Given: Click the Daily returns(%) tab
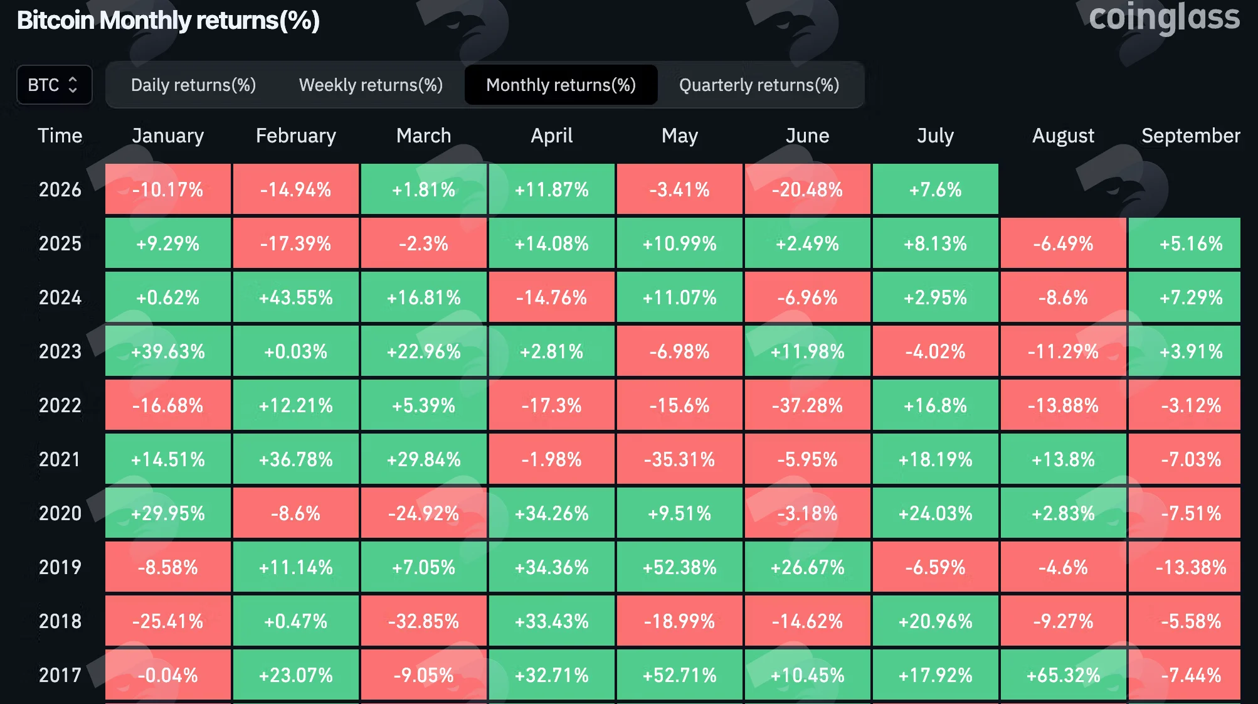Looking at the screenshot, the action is (x=193, y=85).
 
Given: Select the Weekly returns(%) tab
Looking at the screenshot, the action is (x=371, y=85).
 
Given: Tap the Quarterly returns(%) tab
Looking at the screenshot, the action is (x=759, y=85).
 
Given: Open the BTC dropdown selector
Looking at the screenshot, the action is (x=55, y=85).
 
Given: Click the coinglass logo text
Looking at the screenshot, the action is (x=1164, y=18).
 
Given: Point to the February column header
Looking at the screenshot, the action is (x=296, y=136).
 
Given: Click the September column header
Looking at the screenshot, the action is (x=1190, y=136).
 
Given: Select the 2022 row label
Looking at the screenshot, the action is (x=60, y=405).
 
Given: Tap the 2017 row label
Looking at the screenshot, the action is (x=60, y=675).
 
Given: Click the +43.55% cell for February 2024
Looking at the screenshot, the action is (x=296, y=297).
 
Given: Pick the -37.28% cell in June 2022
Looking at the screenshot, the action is (x=808, y=405).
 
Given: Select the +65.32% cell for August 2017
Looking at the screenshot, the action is (x=1064, y=675).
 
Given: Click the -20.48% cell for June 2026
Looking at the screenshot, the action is (x=808, y=189).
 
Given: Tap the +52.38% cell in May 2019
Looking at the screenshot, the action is (x=680, y=567).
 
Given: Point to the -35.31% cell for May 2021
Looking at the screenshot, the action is (x=680, y=459).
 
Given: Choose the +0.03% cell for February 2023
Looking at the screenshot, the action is (x=296, y=351).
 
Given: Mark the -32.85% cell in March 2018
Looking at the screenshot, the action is (x=424, y=621).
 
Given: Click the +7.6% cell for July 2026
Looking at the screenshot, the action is (x=936, y=189).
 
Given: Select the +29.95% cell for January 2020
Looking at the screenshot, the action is (x=168, y=513).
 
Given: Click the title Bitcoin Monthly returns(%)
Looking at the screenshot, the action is (x=168, y=21).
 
